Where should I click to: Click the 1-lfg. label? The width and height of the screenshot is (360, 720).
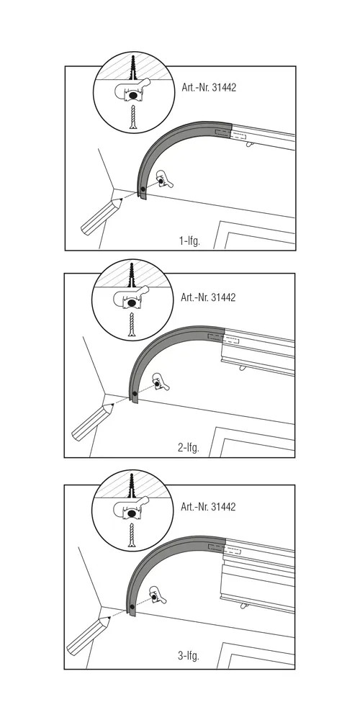point(189,240)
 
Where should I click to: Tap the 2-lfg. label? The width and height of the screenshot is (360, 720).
point(189,447)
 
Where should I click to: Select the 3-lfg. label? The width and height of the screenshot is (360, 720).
point(189,655)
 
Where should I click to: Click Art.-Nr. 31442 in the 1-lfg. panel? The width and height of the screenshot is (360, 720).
point(209,87)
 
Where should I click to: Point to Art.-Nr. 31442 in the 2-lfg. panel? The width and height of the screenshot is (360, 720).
point(208,297)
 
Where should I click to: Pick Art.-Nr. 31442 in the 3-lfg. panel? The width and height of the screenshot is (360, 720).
point(208,506)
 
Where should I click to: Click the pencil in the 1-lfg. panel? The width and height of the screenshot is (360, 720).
point(101,217)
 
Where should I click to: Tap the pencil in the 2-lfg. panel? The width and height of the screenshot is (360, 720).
point(93,422)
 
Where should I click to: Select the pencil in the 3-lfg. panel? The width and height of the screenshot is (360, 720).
point(88,636)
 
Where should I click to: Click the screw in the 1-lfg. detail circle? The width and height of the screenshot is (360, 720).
point(133,117)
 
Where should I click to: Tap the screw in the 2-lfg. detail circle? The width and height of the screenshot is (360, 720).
point(132,325)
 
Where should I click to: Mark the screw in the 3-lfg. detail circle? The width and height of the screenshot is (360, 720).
point(132,535)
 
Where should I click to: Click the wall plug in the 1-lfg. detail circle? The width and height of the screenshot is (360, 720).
point(133,69)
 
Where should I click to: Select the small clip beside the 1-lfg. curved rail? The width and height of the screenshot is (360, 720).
point(164,179)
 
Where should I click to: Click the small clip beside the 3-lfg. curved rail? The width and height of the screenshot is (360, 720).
point(158,595)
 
